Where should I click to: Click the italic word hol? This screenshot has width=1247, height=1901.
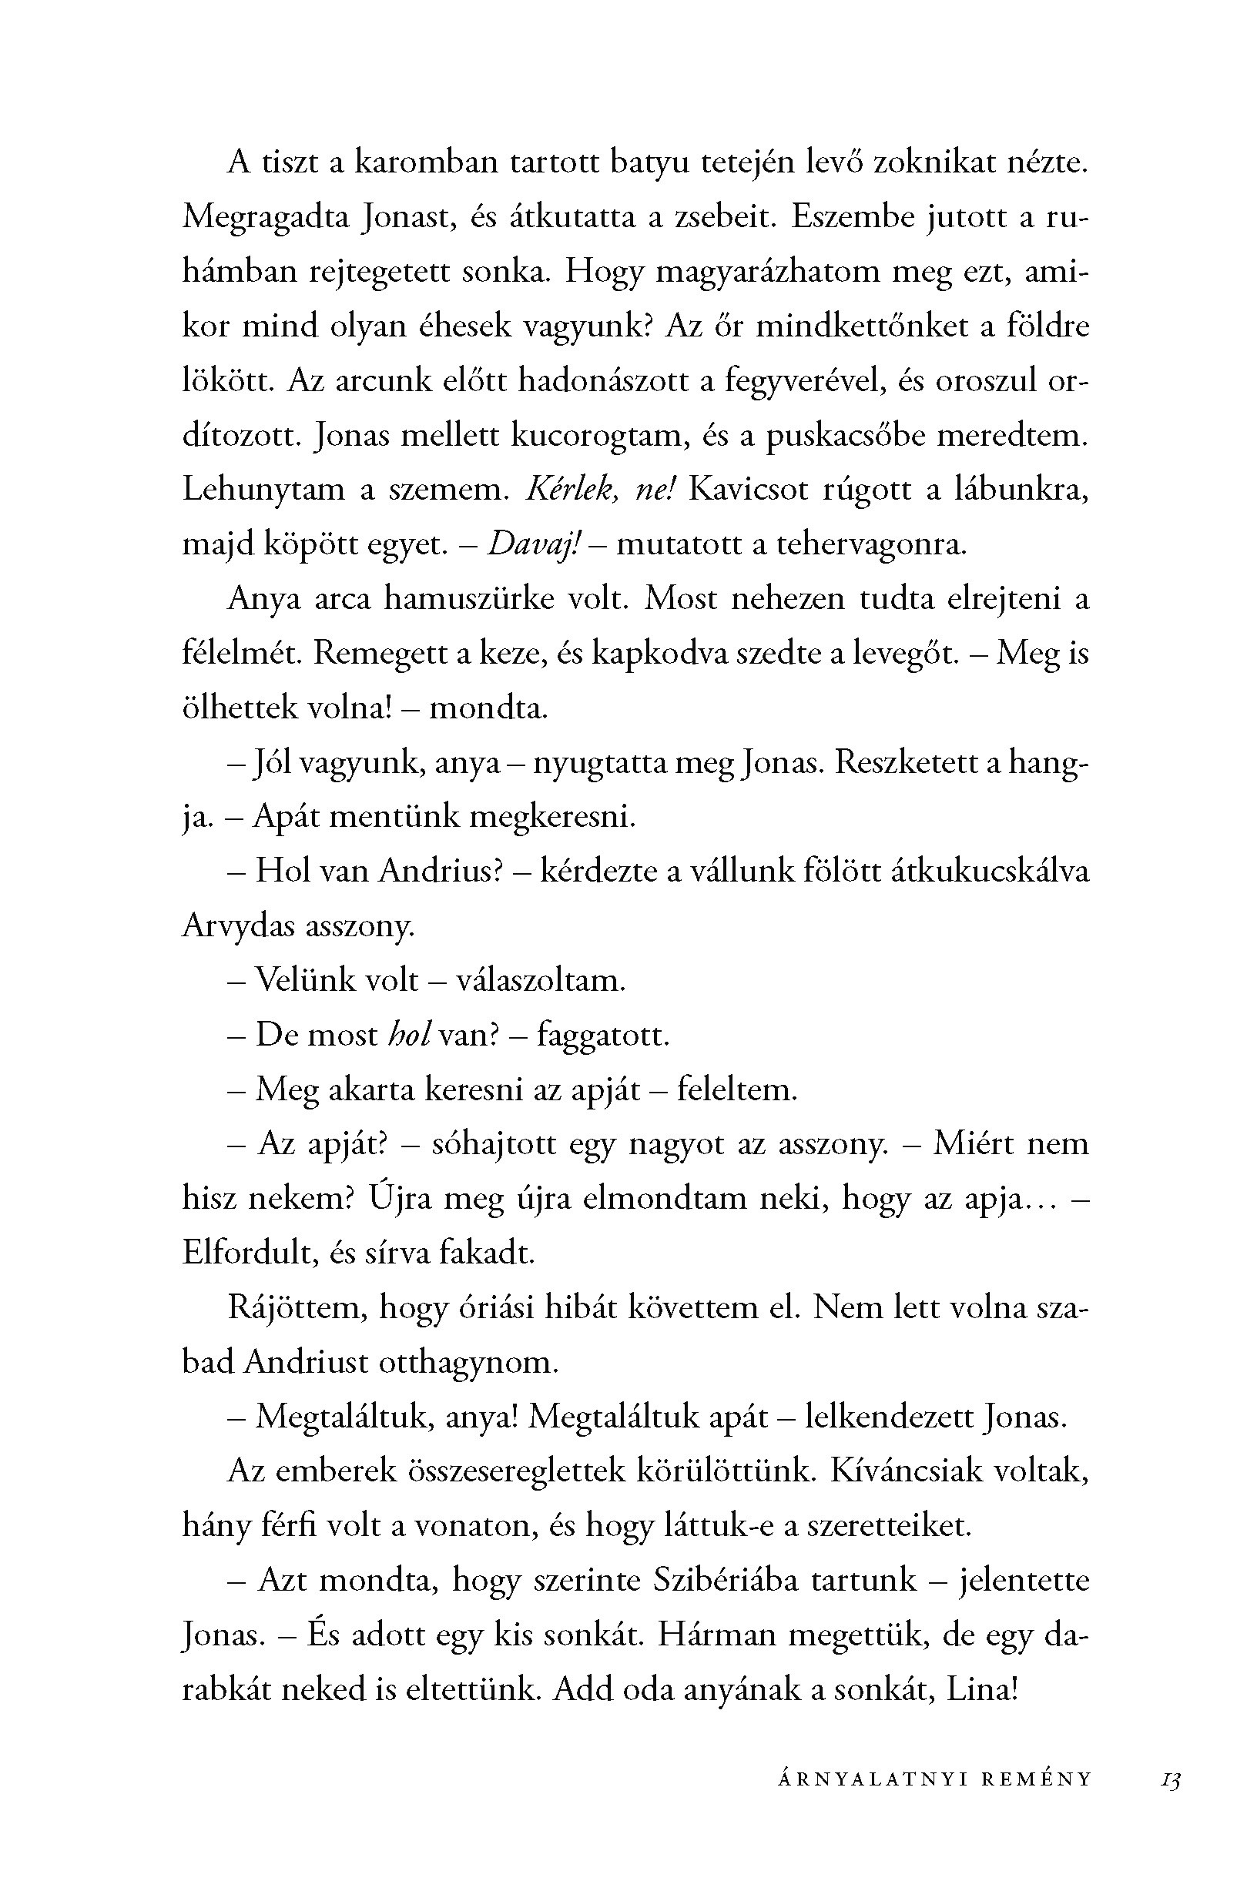tap(409, 1035)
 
